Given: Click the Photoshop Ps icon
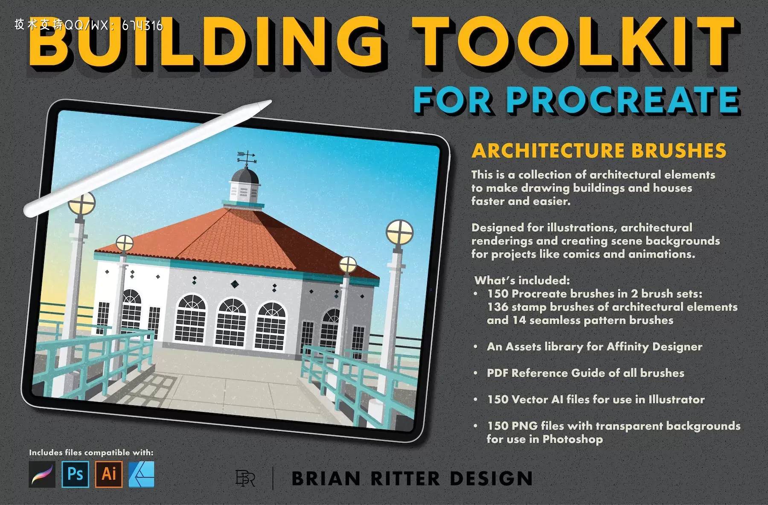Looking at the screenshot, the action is pyautogui.click(x=76, y=474).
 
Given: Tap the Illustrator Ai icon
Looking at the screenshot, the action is pyautogui.click(x=109, y=474).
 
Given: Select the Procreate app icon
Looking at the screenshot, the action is pyautogui.click(x=42, y=474).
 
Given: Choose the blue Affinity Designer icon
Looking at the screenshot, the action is pyautogui.click(x=142, y=474).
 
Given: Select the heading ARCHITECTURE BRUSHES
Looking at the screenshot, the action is pyautogui.click(x=599, y=151).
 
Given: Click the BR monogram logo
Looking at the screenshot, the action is pyautogui.click(x=245, y=478).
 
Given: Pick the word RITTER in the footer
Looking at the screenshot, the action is pyautogui.click(x=405, y=479).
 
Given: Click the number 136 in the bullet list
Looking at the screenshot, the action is pyautogui.click(x=498, y=307).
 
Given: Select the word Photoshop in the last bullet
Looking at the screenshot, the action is pyautogui.click(x=573, y=439).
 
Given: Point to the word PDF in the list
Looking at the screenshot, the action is pyautogui.click(x=497, y=373).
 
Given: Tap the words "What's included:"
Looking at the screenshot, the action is pyautogui.click(x=522, y=281).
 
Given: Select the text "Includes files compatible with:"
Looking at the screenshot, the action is pyautogui.click(x=91, y=453).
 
